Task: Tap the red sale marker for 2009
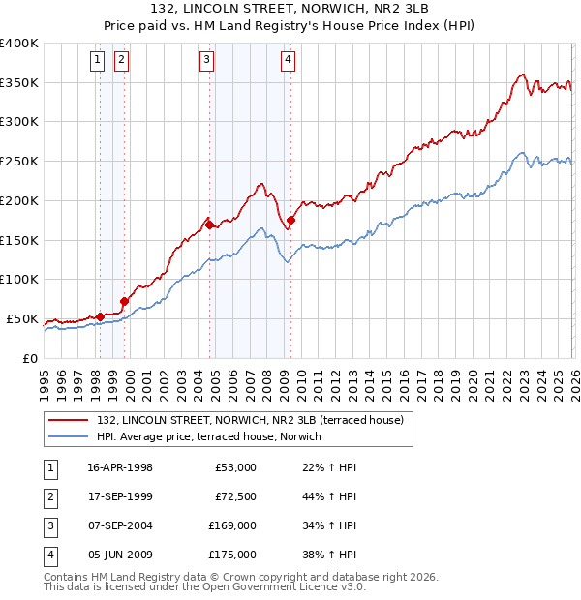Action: coord(290,220)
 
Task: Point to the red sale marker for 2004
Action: coord(209,225)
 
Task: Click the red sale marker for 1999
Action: coord(124,301)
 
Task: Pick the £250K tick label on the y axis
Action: coord(20,161)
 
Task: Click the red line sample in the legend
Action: coord(69,420)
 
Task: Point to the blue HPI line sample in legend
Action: coord(69,436)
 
